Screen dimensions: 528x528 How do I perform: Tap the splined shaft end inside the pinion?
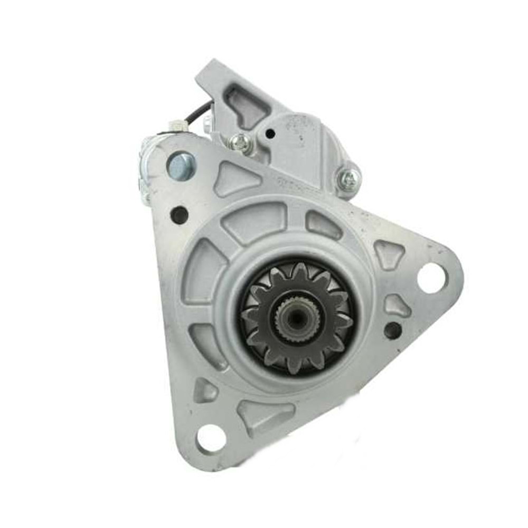click(296, 317)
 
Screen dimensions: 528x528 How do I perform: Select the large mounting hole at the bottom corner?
click(211, 438)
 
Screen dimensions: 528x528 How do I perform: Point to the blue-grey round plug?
click(181, 166)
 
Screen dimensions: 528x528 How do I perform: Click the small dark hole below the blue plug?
click(180, 214)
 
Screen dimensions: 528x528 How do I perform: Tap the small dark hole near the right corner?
click(393, 331)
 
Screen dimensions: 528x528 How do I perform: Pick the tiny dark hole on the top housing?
click(270, 134)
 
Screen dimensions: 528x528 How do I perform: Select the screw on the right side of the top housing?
click(349, 180)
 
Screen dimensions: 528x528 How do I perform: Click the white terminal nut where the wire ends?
click(177, 127)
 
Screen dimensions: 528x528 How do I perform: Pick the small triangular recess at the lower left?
click(205, 391)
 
